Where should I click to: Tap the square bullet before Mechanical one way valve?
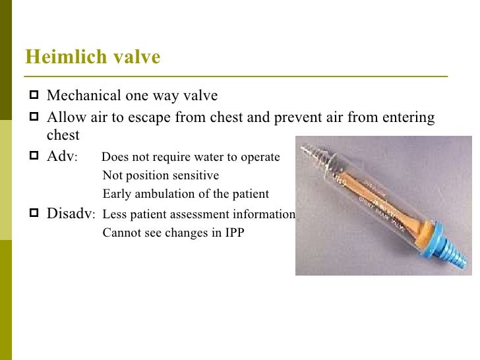[33, 96]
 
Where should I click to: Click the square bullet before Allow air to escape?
[33, 118]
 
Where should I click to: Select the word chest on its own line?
[63, 135]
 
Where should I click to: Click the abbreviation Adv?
[61, 157]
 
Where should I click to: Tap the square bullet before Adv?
[33, 157]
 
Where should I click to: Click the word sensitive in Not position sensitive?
[194, 176]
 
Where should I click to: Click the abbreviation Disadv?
[70, 214]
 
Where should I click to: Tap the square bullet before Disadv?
[33, 214]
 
